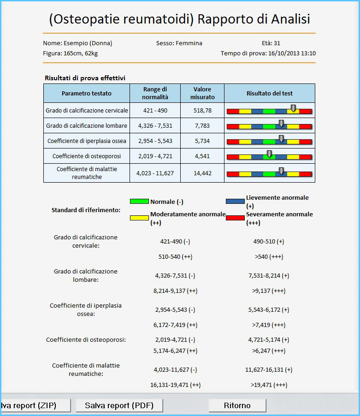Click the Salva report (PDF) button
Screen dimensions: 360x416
click(119, 405)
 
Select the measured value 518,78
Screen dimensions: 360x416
click(202, 110)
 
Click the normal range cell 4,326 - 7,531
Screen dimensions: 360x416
click(155, 125)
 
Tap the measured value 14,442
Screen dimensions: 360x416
click(202, 173)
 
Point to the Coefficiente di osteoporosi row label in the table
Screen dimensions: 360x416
click(87, 156)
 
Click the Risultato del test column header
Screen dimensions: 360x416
click(270, 93)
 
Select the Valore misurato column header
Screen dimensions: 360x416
click(202, 93)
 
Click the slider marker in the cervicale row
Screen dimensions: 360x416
click(293, 108)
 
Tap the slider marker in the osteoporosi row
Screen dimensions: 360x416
click(269, 154)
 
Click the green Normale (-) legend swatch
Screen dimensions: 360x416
click(140, 202)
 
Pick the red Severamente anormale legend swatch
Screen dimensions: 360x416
click(235, 218)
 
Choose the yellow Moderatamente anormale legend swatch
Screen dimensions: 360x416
click(140, 218)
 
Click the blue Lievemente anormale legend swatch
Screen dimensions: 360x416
click(235, 202)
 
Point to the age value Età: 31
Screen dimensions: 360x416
click(271, 43)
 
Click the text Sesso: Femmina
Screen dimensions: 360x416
click(179, 43)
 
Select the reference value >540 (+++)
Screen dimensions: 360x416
click(269, 256)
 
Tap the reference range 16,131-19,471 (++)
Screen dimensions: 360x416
click(176, 385)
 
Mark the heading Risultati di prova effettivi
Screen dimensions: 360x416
click(85, 78)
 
